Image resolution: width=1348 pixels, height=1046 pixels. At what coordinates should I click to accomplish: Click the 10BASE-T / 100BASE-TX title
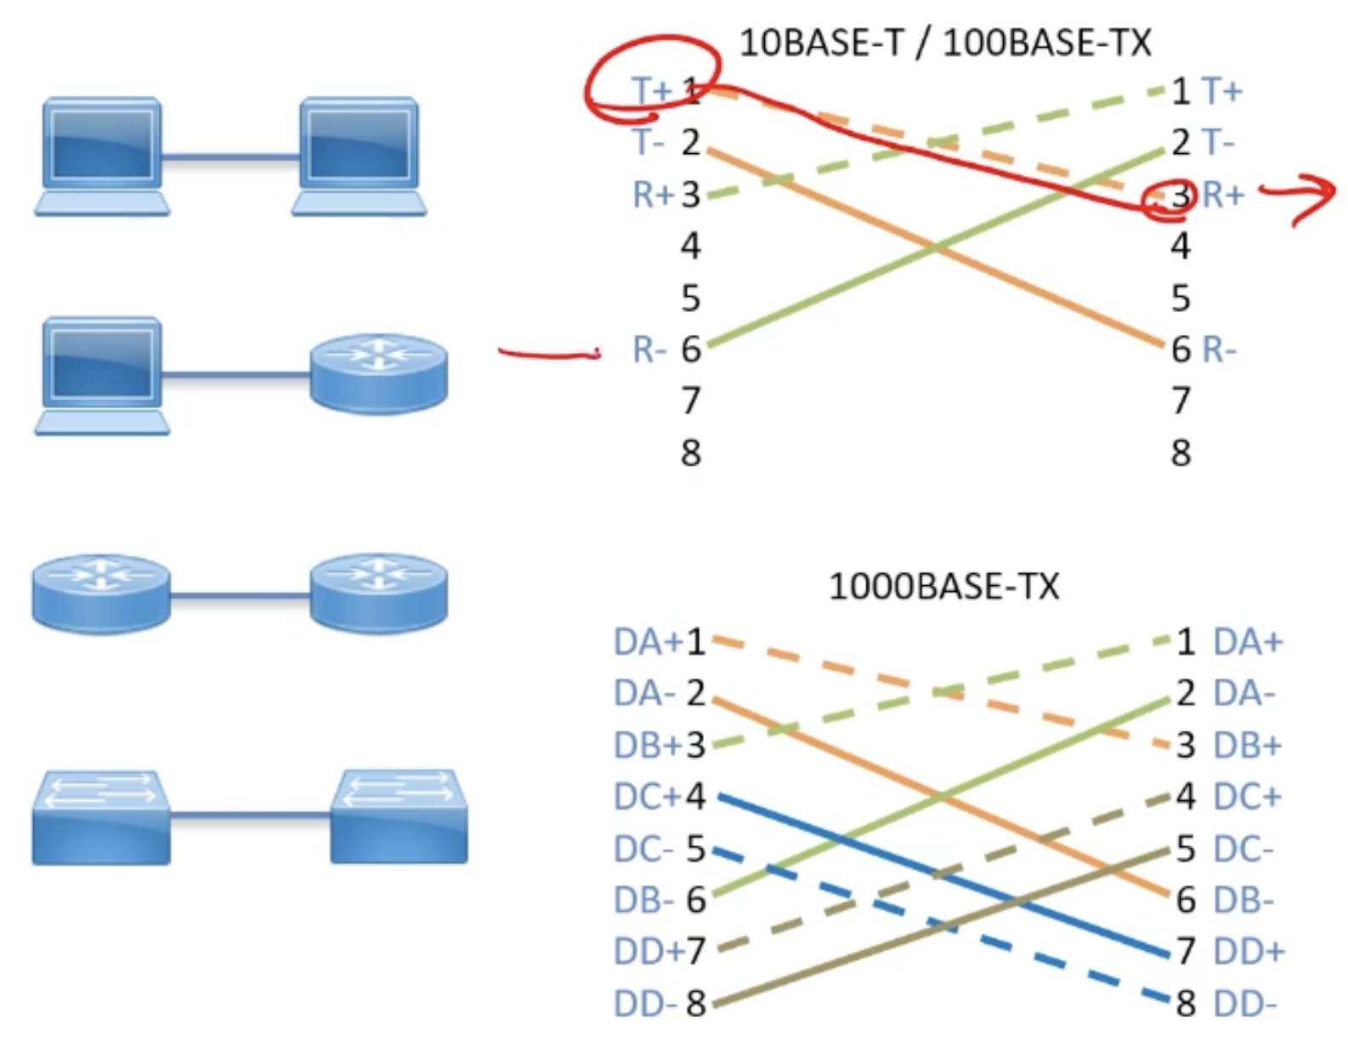point(944,43)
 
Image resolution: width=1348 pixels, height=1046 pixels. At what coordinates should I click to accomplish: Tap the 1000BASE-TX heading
point(943,587)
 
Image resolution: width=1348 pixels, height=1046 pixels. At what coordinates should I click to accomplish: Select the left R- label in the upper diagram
point(649,350)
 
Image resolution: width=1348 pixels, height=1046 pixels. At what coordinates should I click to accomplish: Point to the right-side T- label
point(1218,143)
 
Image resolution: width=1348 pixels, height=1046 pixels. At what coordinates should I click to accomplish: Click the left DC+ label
point(647,797)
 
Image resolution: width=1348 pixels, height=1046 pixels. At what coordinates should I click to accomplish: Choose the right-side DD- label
point(1244,1004)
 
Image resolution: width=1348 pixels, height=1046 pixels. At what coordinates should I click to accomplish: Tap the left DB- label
point(643,900)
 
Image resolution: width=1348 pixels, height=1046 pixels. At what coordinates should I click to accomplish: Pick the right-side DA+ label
point(1247,642)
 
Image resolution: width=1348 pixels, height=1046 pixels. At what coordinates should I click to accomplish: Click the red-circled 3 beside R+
point(1180,196)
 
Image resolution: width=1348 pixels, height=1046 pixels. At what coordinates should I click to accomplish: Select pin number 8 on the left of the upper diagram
point(691,453)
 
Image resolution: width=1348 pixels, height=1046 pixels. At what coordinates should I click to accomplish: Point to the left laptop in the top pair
point(102,156)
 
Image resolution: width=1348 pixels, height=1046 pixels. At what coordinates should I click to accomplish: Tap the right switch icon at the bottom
point(399,817)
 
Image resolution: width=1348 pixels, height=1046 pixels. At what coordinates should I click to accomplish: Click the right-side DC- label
point(1243,850)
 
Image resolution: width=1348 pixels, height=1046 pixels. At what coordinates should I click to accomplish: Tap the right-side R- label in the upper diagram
point(1219,350)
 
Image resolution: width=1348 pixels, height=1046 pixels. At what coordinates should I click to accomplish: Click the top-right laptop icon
point(359,156)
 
